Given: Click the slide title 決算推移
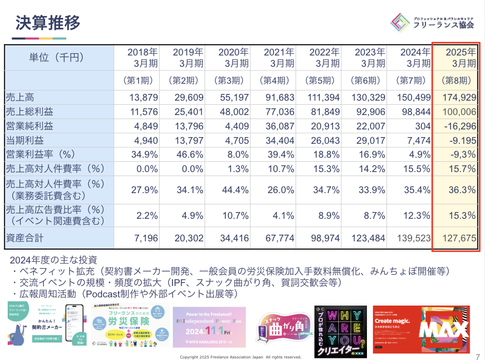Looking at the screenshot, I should tap(48, 23).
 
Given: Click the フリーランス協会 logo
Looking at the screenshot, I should tap(436, 21).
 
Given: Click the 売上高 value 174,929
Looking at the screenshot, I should tap(459, 98).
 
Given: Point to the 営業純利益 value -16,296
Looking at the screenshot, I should tap(460, 126).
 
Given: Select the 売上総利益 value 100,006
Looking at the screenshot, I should tap(459, 112).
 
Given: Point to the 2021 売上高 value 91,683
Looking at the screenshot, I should tap(279, 98).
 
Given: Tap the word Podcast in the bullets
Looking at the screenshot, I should tap(101, 294).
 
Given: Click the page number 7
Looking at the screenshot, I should tap(478, 355).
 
